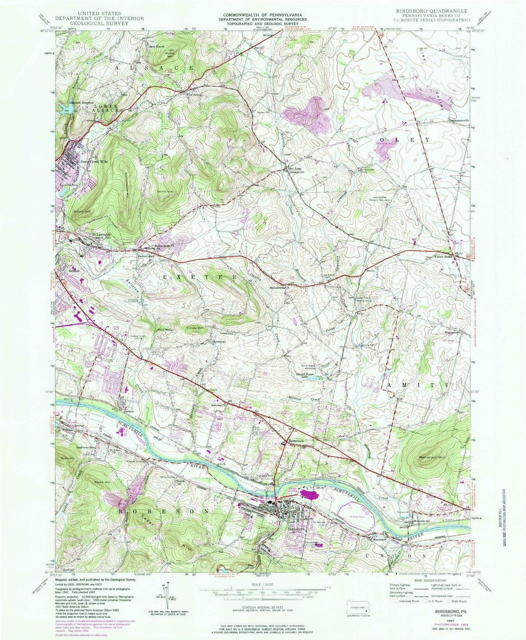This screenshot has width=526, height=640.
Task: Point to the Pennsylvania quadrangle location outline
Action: (357, 608)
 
